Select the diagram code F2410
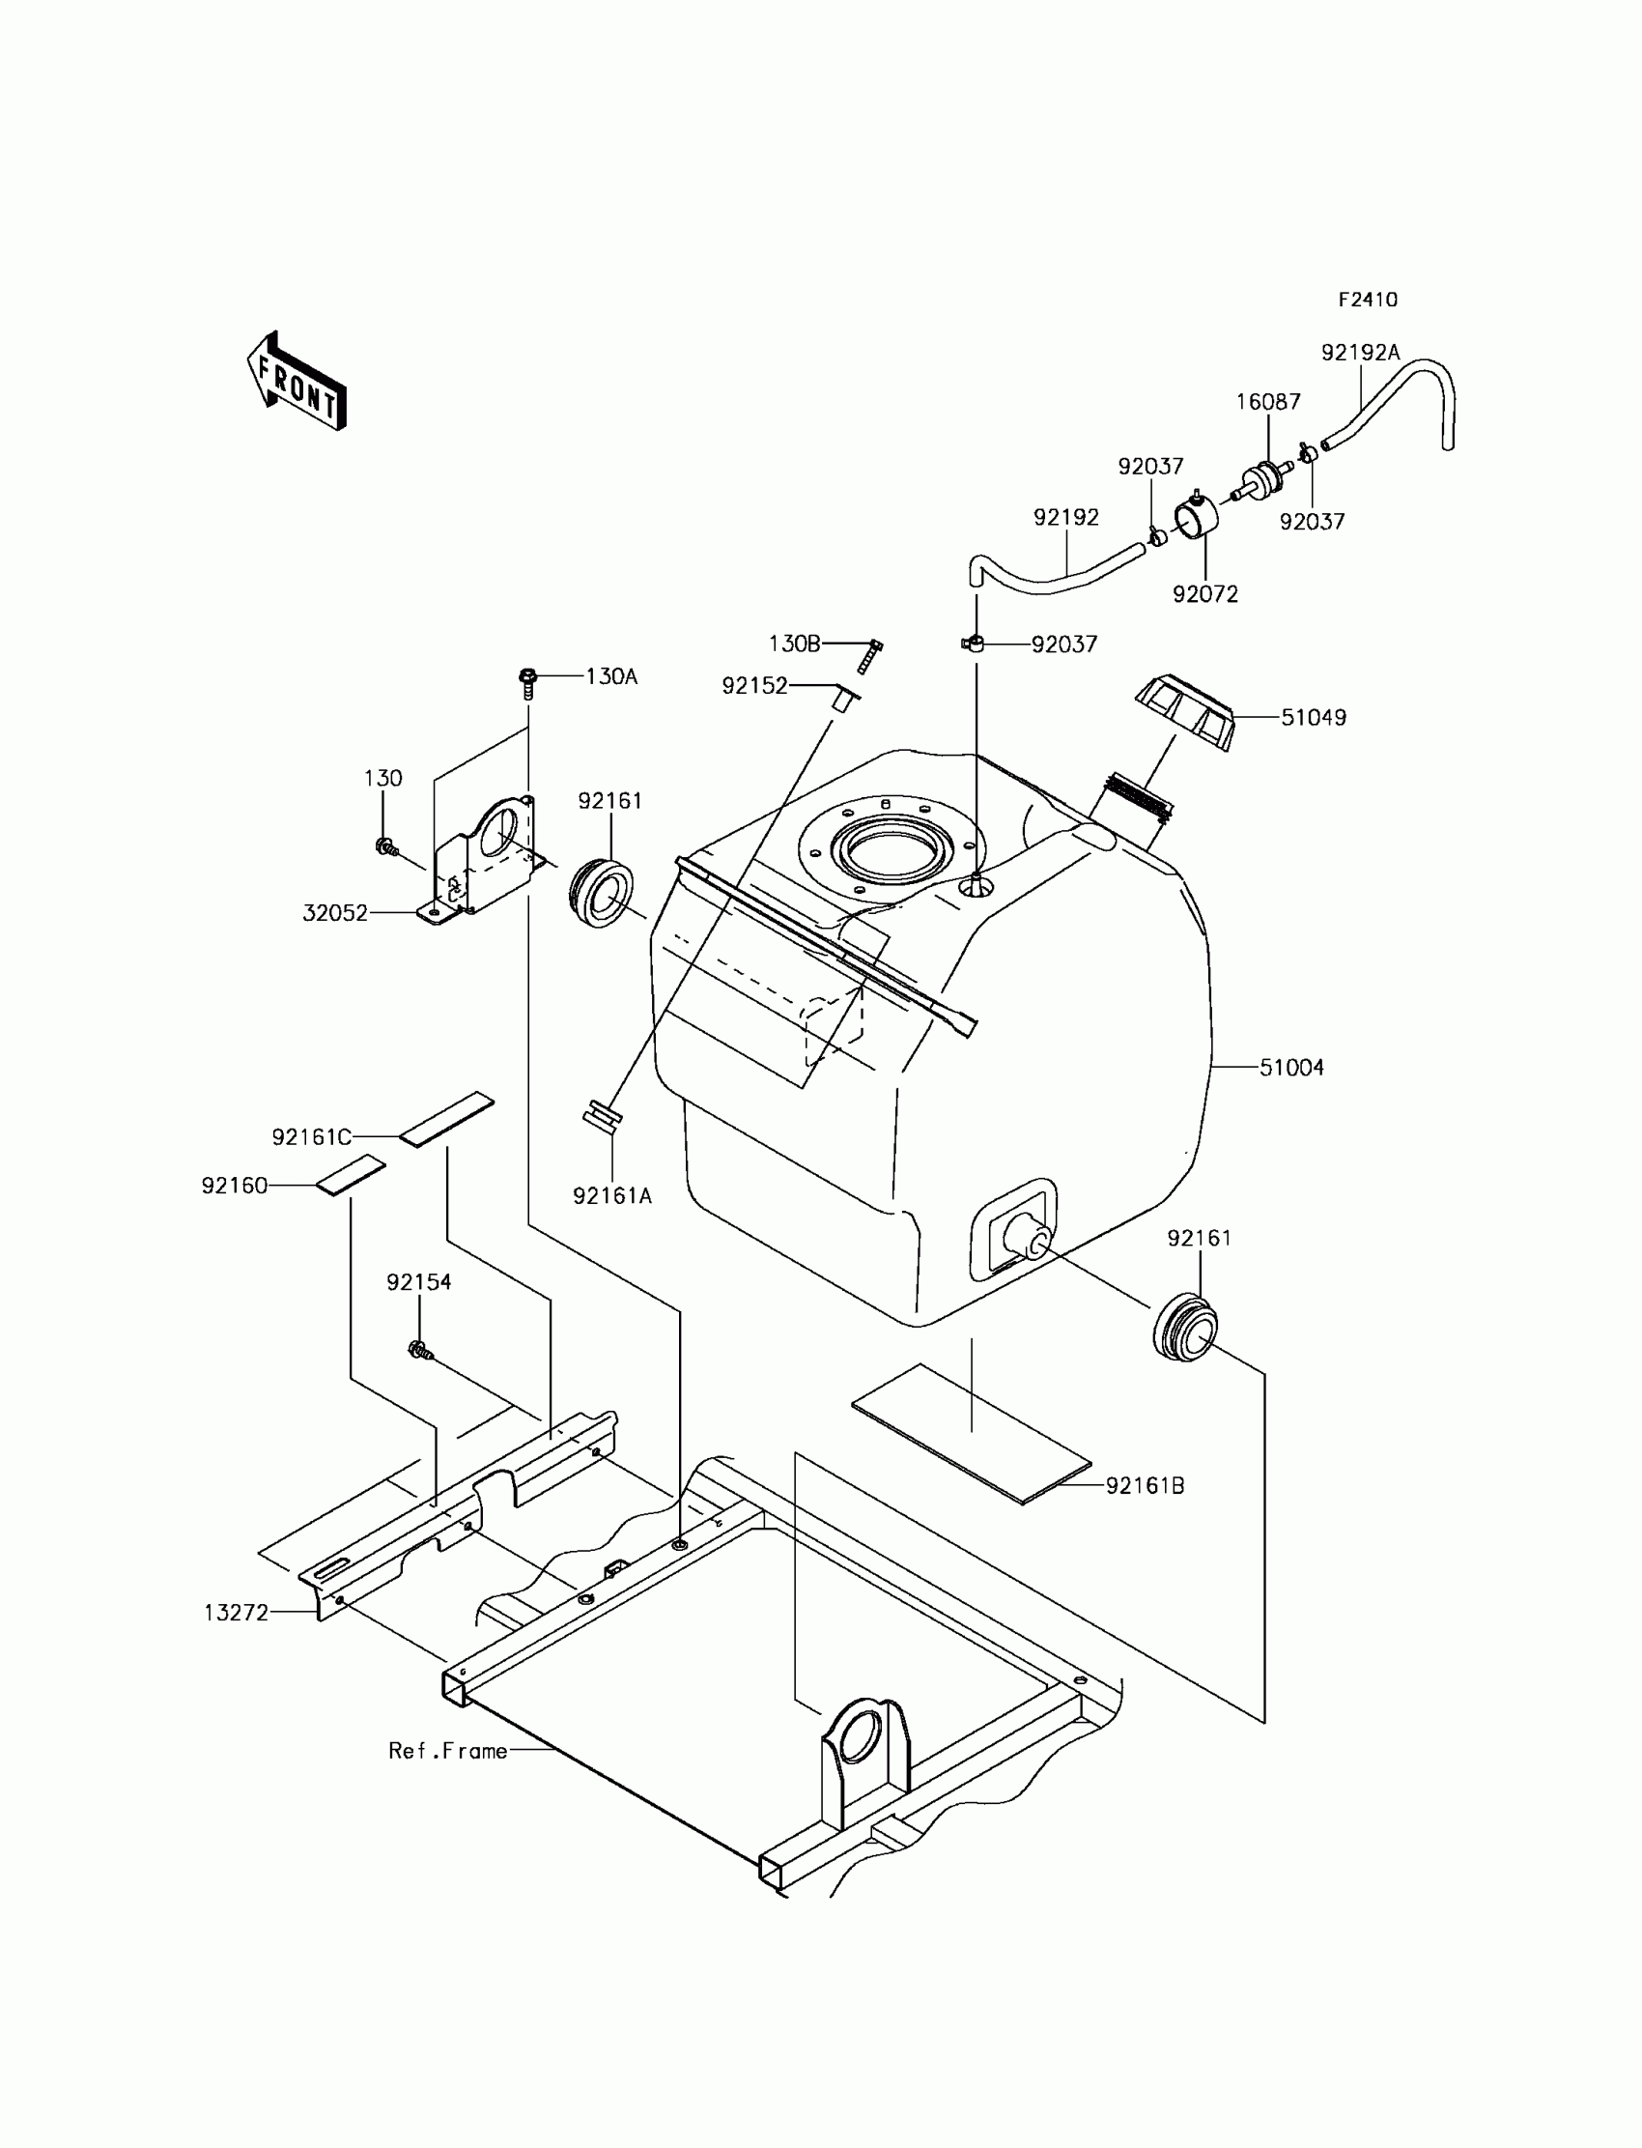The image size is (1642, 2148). click(1368, 301)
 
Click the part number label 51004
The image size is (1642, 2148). click(1291, 1068)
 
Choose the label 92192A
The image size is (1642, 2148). click(1360, 353)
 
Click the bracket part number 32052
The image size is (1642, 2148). click(335, 913)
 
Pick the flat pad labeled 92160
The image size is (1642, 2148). click(350, 1175)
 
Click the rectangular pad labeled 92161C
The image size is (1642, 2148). click(446, 1119)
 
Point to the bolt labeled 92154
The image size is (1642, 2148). click(420, 1351)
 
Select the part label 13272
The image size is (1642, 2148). click(236, 1614)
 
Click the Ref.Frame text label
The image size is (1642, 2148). click(447, 1750)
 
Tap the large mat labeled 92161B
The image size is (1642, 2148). click(971, 1432)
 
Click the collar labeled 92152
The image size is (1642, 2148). click(844, 698)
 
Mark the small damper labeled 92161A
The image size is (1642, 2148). click(601, 1117)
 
